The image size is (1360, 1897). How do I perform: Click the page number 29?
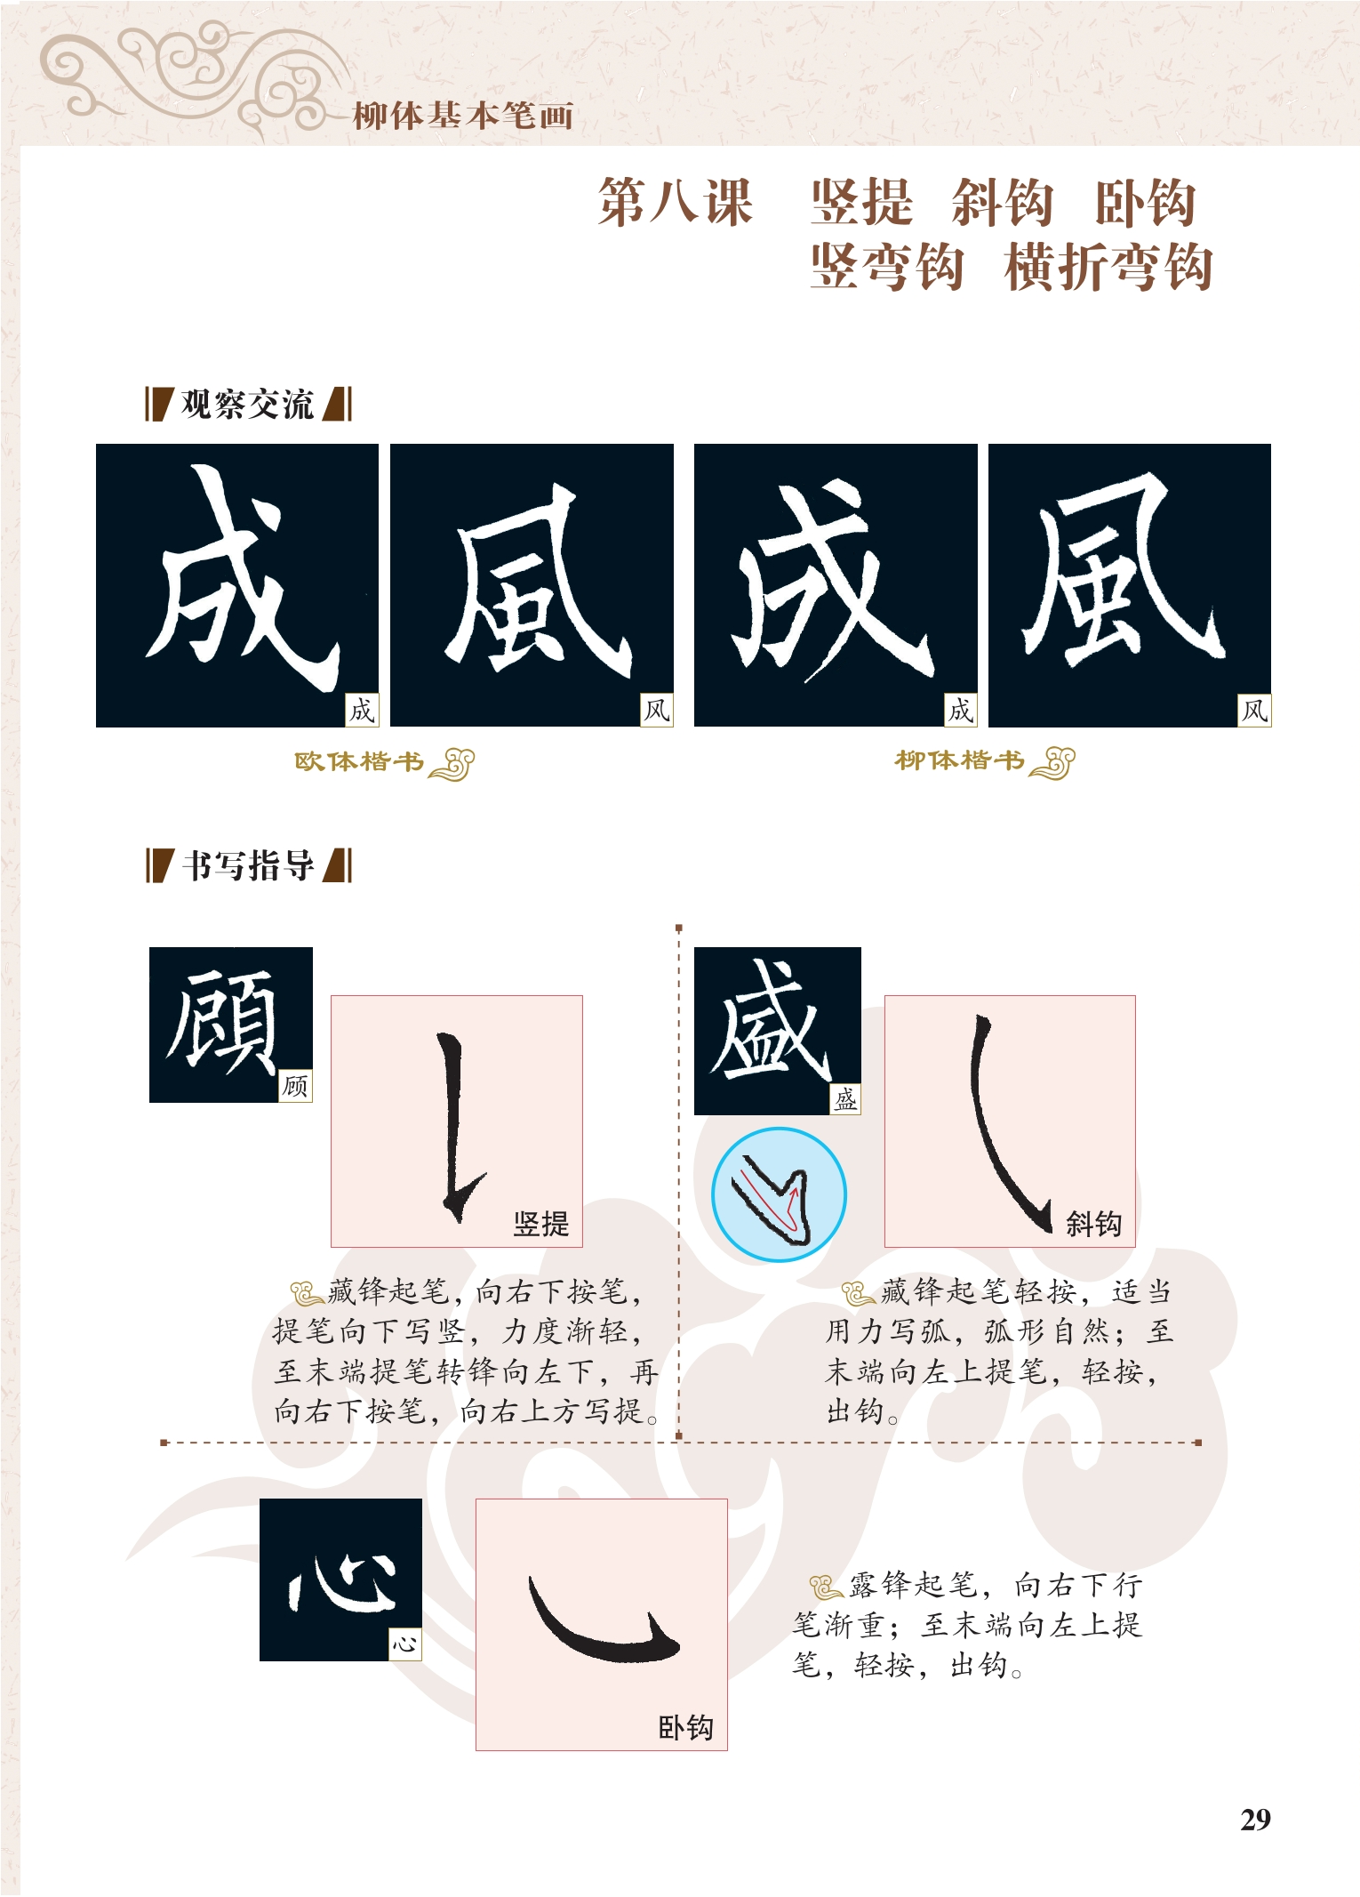click(1255, 1820)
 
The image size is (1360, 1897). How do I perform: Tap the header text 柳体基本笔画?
click(463, 117)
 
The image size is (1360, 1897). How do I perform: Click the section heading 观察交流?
click(247, 405)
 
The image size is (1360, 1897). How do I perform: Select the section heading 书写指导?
click(248, 865)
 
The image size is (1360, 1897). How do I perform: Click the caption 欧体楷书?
click(359, 762)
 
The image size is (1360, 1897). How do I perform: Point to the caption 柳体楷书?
click(959, 761)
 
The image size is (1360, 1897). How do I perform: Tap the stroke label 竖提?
click(540, 1224)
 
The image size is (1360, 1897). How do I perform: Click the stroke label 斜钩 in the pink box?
click(1094, 1224)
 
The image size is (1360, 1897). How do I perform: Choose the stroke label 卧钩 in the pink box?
click(685, 1727)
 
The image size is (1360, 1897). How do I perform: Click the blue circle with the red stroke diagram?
click(779, 1194)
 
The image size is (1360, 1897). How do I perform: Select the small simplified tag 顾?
click(295, 1086)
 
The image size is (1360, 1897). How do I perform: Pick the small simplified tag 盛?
click(845, 1099)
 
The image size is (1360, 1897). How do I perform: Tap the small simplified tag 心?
click(405, 1644)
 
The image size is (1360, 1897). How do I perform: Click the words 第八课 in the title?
click(676, 203)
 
